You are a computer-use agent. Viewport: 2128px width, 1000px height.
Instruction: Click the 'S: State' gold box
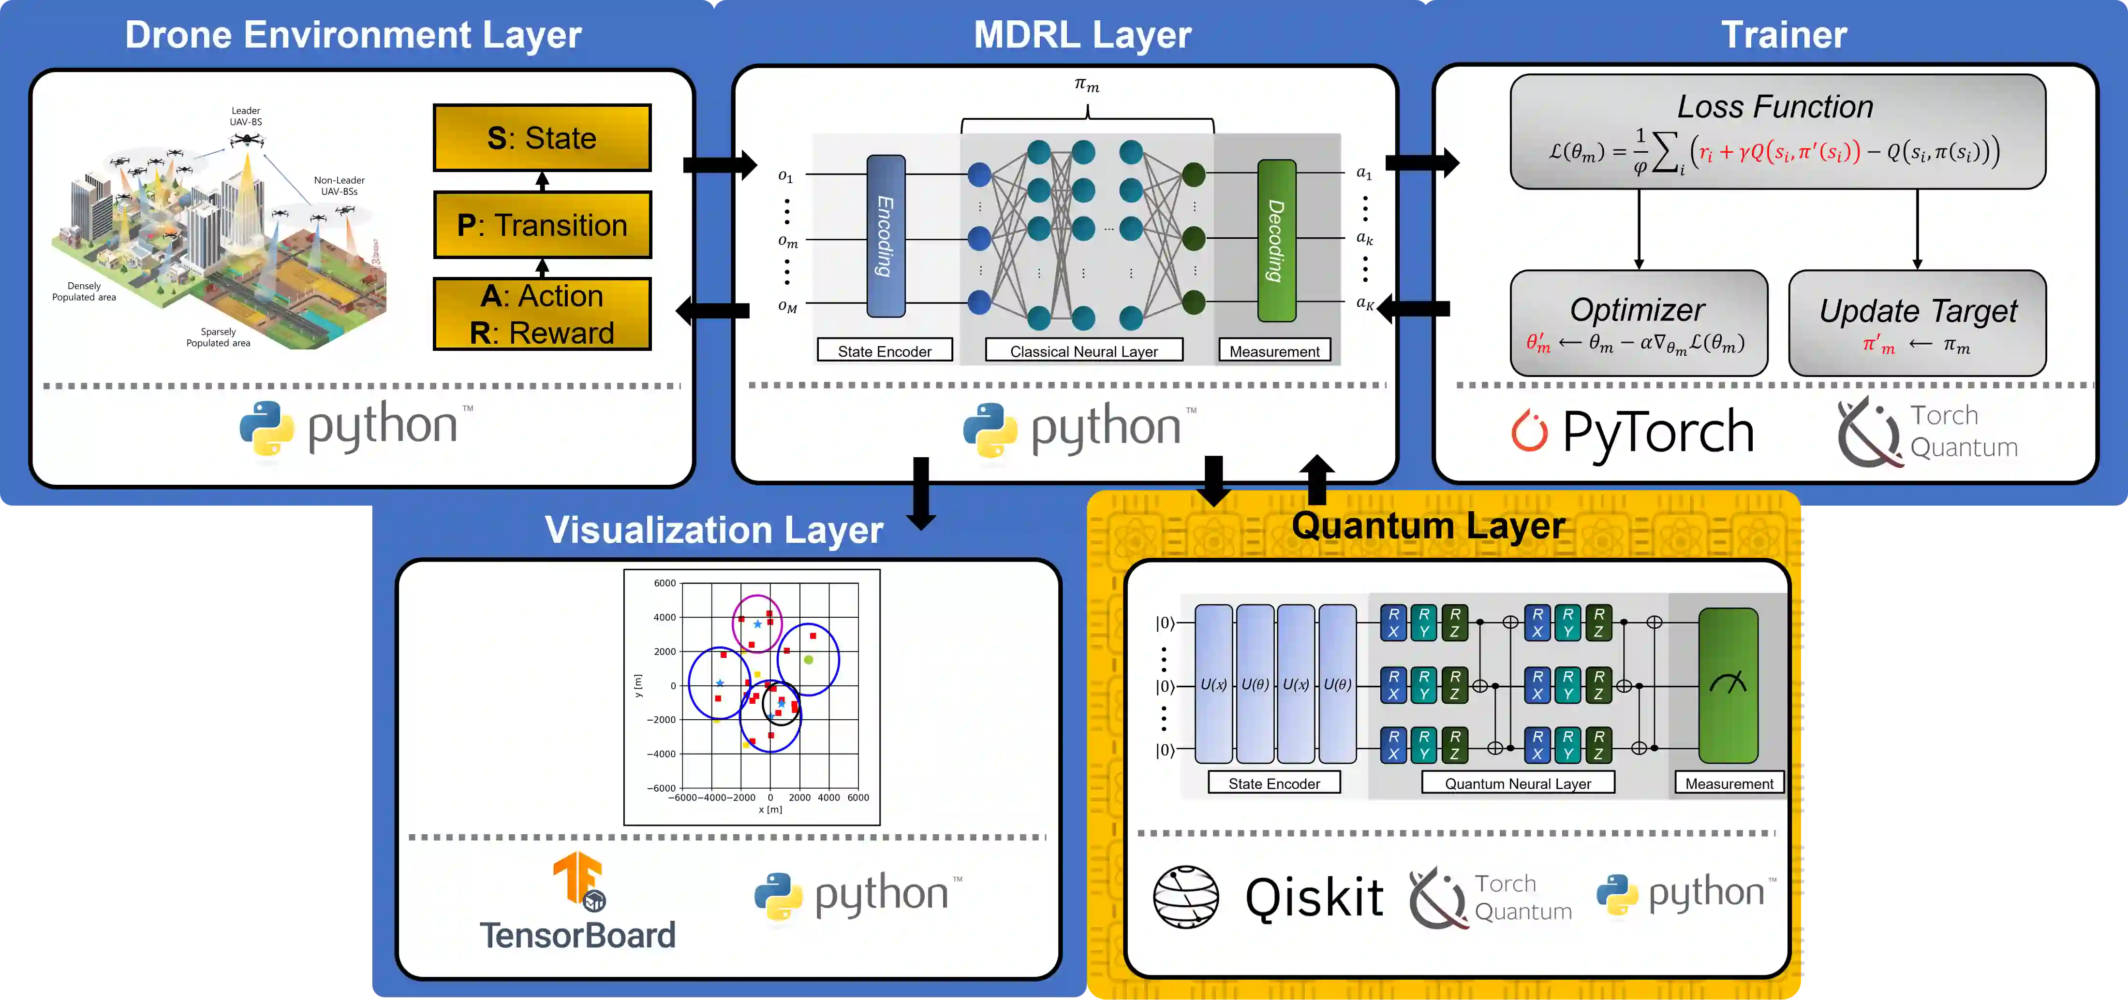(542, 138)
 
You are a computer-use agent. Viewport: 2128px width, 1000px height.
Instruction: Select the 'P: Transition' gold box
(542, 225)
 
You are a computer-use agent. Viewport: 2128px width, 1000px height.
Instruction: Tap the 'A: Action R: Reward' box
(542, 314)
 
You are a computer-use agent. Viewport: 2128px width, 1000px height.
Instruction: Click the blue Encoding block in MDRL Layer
(886, 236)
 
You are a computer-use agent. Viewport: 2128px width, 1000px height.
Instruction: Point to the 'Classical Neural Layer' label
(1084, 351)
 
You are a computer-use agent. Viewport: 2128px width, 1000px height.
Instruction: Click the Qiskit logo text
(1314, 898)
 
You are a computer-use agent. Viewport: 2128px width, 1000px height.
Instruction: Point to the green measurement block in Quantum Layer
(1728, 685)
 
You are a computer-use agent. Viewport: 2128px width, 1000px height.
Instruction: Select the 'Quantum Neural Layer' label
(1518, 783)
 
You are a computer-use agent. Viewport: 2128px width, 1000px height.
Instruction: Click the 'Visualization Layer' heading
(714, 529)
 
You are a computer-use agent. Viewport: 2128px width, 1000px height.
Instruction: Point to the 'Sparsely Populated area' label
(218, 337)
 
